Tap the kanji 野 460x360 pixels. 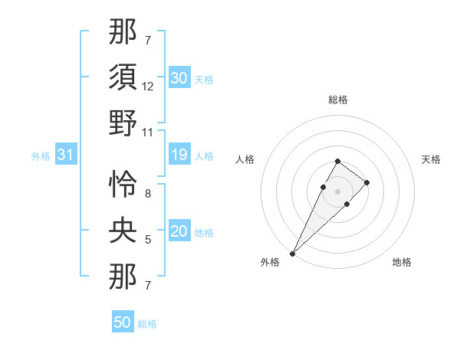[x=123, y=123]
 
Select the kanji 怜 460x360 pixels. [x=123, y=185]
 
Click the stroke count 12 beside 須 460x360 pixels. [x=148, y=87]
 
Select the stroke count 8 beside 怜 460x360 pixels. [x=148, y=195]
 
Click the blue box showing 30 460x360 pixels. [x=179, y=78]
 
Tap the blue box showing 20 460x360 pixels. [x=179, y=232]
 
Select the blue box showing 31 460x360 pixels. [x=66, y=155]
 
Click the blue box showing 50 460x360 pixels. [x=123, y=322]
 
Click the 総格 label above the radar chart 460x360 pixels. [x=337, y=100]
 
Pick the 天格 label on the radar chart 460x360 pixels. [x=431, y=159]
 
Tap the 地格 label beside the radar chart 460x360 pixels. [x=402, y=262]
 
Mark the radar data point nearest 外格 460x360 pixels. [x=292, y=253]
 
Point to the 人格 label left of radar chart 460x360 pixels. [x=245, y=159]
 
